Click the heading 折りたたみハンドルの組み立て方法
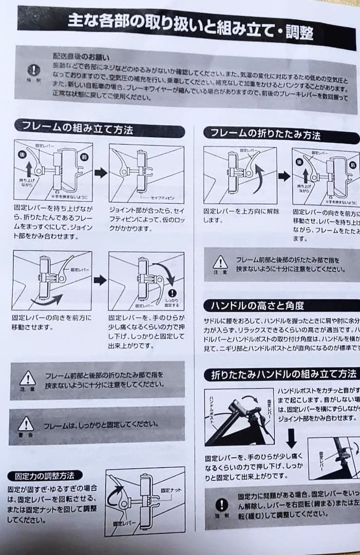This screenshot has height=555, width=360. click(280, 374)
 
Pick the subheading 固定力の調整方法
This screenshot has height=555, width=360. click(46, 475)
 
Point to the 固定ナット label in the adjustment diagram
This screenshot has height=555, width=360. click(172, 491)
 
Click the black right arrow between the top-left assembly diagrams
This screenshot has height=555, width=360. click(101, 173)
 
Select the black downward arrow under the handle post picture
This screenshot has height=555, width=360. click(291, 437)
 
